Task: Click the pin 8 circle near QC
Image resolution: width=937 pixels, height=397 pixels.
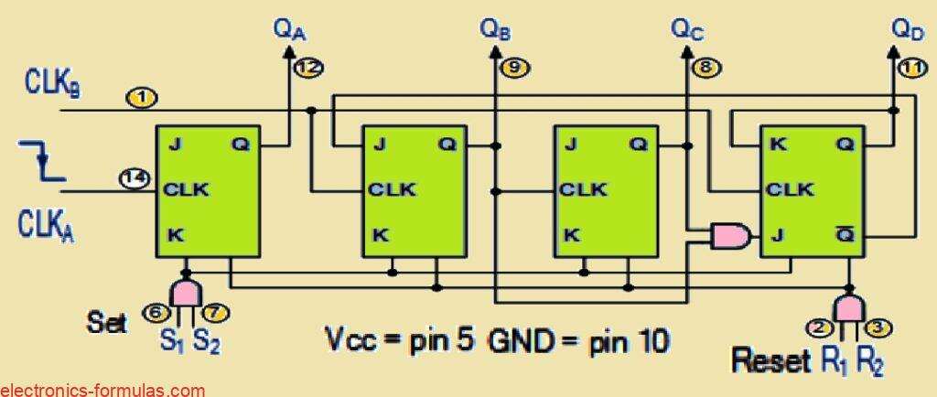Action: (705, 66)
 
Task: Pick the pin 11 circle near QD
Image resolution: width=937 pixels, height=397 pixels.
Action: (911, 66)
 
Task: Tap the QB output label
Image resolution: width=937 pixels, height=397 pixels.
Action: (495, 29)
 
